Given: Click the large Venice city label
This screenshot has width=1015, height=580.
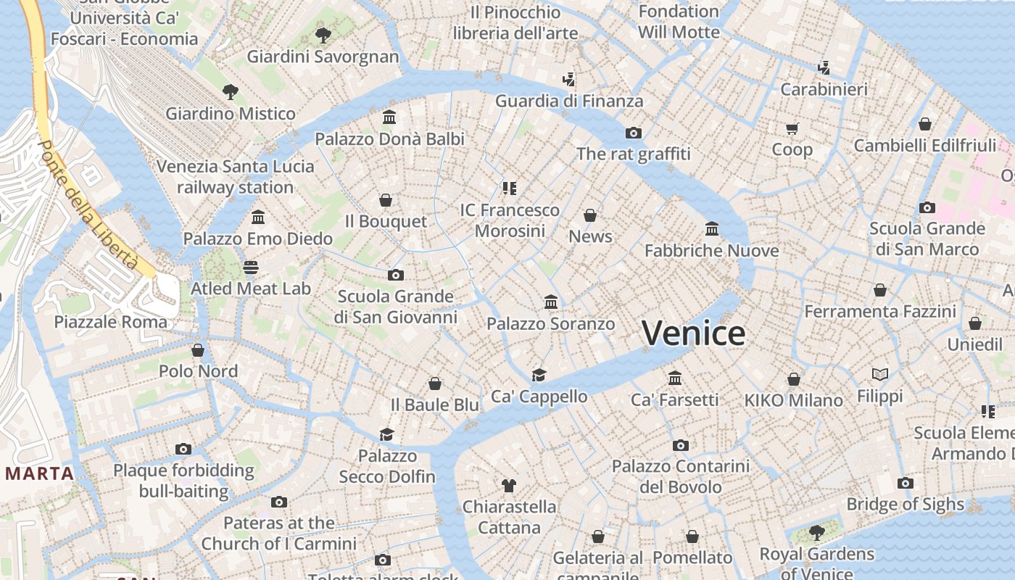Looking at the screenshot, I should pos(693,333).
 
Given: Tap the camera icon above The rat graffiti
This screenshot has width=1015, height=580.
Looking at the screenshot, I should pos(634,133).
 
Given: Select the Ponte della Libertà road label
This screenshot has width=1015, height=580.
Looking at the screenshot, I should pos(88,204).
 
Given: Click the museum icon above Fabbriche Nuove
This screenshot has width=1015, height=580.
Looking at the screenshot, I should pos(712,229).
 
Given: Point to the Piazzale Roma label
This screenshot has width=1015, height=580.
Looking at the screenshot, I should pos(110,321).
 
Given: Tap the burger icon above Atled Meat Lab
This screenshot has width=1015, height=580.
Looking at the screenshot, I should pos(251,268).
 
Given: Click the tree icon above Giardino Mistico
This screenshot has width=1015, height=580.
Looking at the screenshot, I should pos(231,92).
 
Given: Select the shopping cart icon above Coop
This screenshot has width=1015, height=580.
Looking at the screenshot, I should pos(792,128).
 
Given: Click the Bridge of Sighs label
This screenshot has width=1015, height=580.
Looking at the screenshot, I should pos(905,504).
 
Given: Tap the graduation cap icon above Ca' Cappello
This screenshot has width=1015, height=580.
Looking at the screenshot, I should pos(539,375).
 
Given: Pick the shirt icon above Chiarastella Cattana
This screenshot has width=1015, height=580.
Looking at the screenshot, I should pos(509,485).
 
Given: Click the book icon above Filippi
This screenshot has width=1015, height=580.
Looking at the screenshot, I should pos(880,375).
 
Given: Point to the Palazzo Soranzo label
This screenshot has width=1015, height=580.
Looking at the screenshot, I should pos(550,323).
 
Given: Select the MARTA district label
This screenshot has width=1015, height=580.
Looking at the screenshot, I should pos(39,474).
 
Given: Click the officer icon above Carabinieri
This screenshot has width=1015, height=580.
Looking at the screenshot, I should pos(824,68).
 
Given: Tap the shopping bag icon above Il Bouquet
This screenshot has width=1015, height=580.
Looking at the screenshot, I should pos(386,200).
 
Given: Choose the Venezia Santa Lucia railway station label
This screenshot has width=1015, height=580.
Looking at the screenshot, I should pos(236,176).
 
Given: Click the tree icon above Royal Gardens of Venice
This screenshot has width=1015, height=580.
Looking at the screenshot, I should pos(817,533).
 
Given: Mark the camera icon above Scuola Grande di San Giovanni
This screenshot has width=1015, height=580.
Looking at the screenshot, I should pos(395,275).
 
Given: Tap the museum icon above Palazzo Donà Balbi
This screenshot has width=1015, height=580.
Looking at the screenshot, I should pos(389,117).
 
